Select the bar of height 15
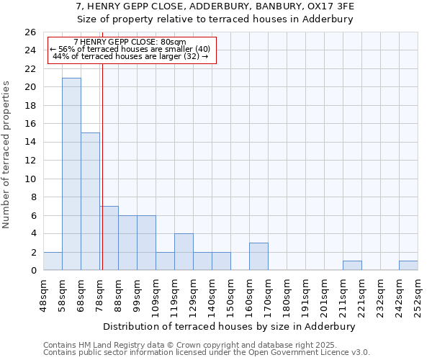90,202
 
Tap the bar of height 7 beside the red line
109,238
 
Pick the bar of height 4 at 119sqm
184,252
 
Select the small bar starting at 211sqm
352,266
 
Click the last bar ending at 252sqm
408,266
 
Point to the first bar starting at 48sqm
53,261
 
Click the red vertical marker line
102,144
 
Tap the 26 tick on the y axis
30,32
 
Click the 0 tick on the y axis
32,271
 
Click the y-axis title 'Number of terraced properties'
7,154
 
